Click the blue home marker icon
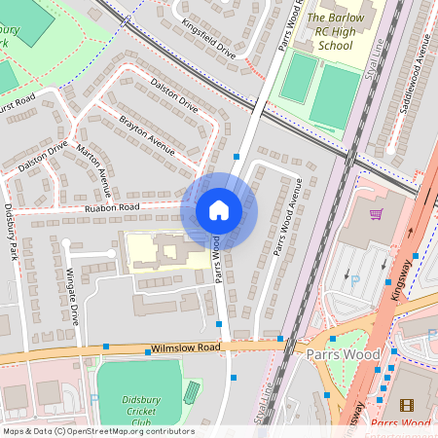(219, 210)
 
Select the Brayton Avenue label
(147, 137)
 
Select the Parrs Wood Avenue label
(287, 216)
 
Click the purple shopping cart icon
(376, 213)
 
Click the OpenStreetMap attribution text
(98, 431)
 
